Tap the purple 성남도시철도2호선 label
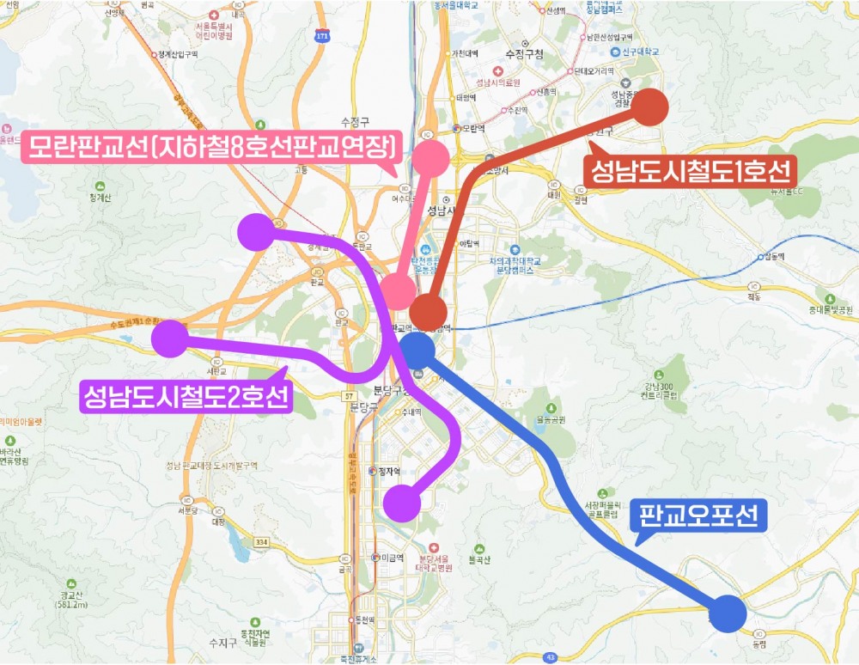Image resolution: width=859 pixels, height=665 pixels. [x=186, y=397]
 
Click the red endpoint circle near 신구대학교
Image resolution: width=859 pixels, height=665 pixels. [x=650, y=107]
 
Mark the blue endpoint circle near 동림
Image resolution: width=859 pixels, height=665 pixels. [x=728, y=613]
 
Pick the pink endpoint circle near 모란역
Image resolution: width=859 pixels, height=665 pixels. [x=430, y=158]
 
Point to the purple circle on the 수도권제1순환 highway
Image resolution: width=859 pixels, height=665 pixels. [x=169, y=338]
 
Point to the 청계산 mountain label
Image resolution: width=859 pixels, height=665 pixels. [x=101, y=195]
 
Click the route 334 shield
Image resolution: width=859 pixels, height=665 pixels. [x=262, y=542]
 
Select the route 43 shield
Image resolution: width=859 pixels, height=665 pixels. [x=549, y=657]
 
